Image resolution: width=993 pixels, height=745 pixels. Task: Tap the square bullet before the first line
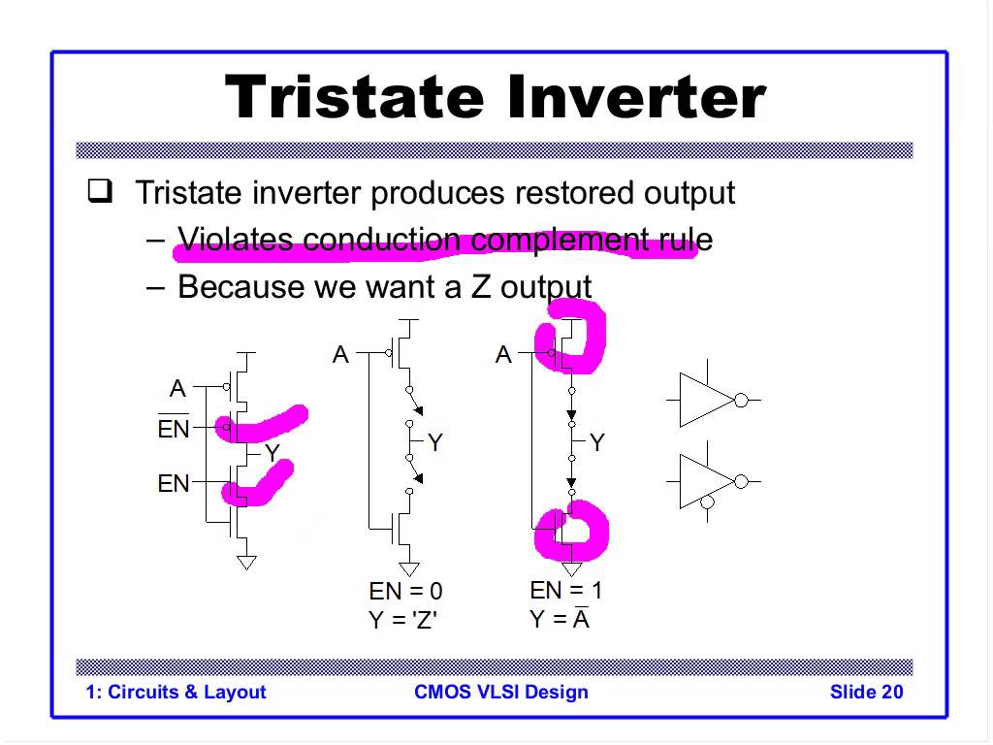100,191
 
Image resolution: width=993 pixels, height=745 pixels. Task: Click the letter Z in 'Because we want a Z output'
480,287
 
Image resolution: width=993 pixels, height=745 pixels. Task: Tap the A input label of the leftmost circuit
178,388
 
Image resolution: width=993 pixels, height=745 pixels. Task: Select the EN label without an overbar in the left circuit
174,483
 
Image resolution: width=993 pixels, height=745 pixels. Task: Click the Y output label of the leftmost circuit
272,453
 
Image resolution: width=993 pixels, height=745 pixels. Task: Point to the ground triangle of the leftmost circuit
246,563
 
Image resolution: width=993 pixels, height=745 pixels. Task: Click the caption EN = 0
406,591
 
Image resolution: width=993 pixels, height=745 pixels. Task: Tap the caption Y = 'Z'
402,619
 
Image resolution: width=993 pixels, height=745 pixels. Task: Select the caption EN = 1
565,591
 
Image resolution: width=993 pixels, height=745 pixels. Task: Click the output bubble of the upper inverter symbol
741,401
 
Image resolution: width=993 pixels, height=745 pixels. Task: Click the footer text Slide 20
866,692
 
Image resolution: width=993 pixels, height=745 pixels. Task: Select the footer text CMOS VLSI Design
501,692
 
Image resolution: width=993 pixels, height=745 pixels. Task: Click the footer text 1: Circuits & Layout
176,692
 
